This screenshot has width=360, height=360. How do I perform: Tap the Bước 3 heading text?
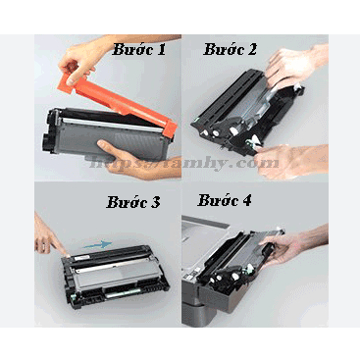[x=135, y=204]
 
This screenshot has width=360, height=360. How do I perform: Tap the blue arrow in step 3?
[x=96, y=237]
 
